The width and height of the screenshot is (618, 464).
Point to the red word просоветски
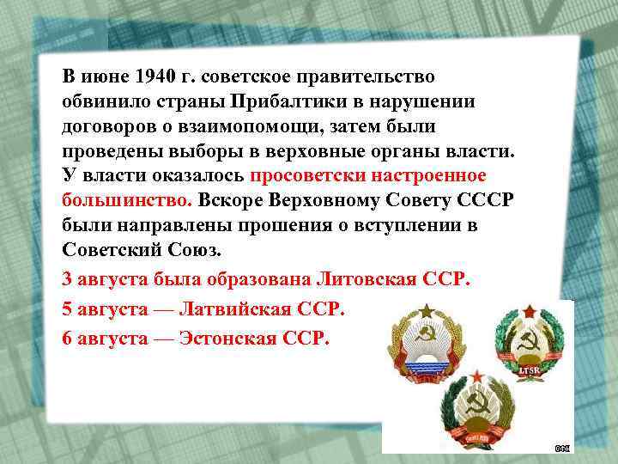pyautogui.click(x=305, y=177)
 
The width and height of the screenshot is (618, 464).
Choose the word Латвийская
pyautogui.click(x=244, y=308)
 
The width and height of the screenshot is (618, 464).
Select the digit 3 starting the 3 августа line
pyautogui.click(x=68, y=280)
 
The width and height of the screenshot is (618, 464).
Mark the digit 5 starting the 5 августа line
pyautogui.click(x=68, y=308)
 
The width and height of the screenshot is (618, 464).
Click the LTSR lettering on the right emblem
pyautogui.click(x=529, y=371)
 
